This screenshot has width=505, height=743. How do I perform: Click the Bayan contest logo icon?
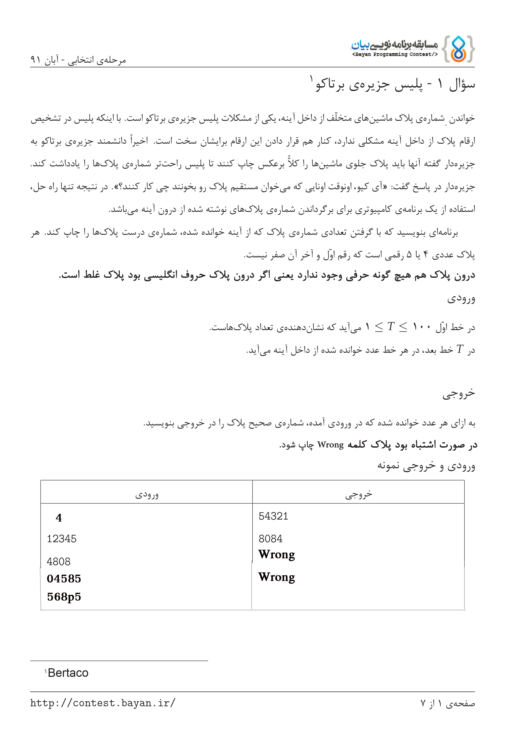(458, 49)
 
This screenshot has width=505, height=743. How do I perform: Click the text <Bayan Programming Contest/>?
(394, 54)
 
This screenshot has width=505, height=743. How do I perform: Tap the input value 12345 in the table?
(62, 539)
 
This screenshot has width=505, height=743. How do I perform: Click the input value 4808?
(59, 561)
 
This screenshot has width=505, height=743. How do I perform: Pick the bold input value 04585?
(64, 579)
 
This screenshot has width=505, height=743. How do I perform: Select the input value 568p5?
(64, 597)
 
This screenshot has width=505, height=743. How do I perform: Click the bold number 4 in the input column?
(59, 518)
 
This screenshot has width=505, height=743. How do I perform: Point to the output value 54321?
(273, 516)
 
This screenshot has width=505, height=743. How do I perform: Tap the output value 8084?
(270, 539)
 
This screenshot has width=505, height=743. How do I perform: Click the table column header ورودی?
(147, 495)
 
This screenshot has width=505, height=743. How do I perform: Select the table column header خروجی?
(359, 495)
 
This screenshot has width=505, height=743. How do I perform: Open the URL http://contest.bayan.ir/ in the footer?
(103, 703)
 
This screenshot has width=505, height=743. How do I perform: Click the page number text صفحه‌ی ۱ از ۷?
(447, 703)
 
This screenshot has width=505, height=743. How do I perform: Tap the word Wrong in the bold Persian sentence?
(330, 445)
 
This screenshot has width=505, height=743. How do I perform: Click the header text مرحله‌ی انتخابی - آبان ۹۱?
(78, 60)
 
